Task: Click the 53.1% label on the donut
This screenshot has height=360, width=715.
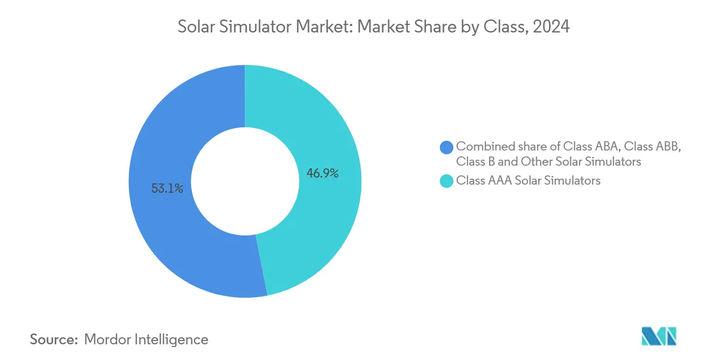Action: pyautogui.click(x=167, y=189)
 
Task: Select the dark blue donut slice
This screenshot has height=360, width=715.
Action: pyautogui.click(x=162, y=135)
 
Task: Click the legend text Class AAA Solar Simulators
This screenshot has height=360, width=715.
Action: pyautogui.click(x=528, y=181)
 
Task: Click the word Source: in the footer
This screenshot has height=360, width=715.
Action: pyautogui.click(x=54, y=339)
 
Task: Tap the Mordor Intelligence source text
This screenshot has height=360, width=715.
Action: pyautogui.click(x=146, y=339)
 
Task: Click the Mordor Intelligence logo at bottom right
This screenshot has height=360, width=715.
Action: pyautogui.click(x=659, y=336)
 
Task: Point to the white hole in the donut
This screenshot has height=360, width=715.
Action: pyautogui.click(x=245, y=181)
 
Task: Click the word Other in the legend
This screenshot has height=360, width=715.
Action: pyautogui.click(x=536, y=161)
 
